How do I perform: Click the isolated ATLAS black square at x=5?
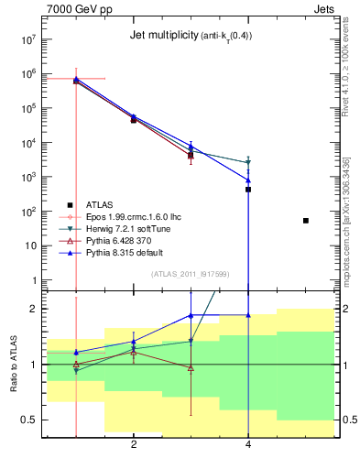tap(306, 221)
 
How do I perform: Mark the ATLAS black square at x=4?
tap(248, 190)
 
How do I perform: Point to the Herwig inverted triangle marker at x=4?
tap(248, 163)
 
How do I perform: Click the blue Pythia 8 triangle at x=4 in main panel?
tap(248, 180)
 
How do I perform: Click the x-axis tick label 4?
tap(248, 445)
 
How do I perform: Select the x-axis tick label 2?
tap(134, 445)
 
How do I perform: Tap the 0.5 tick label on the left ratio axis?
tap(27, 420)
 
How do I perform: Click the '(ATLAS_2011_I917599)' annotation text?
tap(191, 273)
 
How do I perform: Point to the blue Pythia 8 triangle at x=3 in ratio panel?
tap(191, 315)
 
